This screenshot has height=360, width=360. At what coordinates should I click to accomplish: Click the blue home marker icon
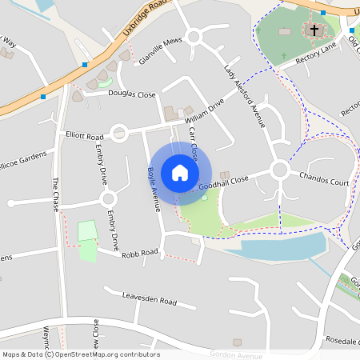pos(180,173)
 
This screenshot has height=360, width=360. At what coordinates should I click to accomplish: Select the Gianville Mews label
pos(161,50)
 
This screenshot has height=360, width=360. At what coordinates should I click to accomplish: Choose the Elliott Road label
pos(85,136)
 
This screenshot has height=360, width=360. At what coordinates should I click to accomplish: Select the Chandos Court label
pos(324,178)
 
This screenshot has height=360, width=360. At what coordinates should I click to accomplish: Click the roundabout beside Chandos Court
pos(279,170)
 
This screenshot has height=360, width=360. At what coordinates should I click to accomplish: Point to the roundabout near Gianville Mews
pos(193,37)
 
